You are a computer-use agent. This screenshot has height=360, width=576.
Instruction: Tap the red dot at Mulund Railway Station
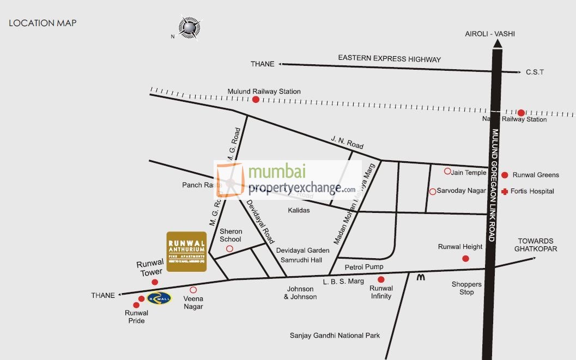point(256,99)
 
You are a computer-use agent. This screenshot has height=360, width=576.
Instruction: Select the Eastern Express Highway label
point(389,58)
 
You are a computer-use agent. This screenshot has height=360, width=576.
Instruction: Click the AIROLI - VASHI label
point(489,34)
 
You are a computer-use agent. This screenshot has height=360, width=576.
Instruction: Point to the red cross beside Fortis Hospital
point(505,191)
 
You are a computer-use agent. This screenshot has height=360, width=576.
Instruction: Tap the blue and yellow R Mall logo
point(159,297)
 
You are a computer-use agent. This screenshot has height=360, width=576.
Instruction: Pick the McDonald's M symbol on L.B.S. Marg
point(420,277)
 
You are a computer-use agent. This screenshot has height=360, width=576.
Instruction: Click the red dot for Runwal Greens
point(505,175)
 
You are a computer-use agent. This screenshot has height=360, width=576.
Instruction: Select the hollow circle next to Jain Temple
point(447,171)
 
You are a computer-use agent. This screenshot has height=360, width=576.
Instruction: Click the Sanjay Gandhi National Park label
point(335,335)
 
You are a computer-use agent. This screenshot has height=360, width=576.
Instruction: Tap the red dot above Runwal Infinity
point(380,279)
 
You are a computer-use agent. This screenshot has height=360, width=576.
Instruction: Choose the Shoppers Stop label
point(466,288)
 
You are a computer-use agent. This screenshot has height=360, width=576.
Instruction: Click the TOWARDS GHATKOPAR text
point(536,245)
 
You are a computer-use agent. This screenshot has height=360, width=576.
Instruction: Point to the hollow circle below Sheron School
point(229,249)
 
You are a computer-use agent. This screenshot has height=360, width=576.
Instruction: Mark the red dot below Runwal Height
point(465,258)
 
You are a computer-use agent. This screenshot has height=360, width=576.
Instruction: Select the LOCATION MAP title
point(43,23)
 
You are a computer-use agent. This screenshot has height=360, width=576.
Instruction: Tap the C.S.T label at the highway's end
point(535,72)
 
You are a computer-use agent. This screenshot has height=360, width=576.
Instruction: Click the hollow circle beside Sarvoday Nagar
point(433,191)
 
